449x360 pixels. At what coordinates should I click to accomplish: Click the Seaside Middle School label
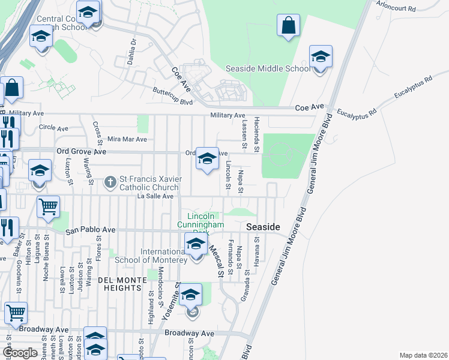tap(268, 68)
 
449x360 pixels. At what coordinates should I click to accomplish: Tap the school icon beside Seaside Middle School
tap(321, 57)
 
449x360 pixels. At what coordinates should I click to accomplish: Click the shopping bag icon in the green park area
tap(288, 26)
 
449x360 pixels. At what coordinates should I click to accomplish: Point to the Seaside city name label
tap(264, 227)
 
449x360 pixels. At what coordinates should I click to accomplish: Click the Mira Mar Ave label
tap(127, 139)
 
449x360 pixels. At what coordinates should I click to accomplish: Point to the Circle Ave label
tap(53, 128)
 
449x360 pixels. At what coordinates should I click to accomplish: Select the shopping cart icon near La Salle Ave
tap(48, 207)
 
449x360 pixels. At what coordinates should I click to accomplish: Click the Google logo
tap(20, 353)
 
